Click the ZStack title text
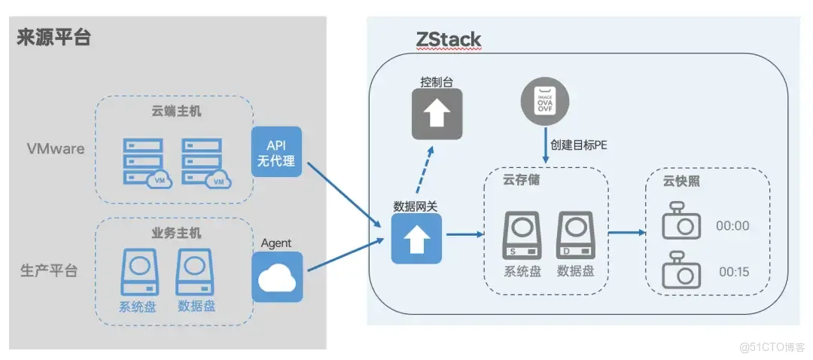pos(448,38)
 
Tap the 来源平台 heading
pos(53,37)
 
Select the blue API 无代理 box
pos(276,152)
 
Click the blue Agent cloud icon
pos(277,276)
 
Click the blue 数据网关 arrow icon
pos(415,237)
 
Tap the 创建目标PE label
pos(578,145)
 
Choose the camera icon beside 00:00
pos(681,223)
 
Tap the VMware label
pos(56,148)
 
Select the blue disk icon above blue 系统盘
pos(140,271)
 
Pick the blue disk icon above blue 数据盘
pos(195,271)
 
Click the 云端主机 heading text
pos(172,111)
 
